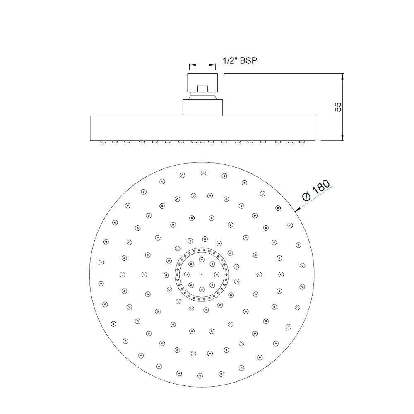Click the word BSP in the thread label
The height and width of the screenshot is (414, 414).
[x=248, y=60]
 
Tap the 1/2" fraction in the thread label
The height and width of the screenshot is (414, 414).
[x=230, y=60]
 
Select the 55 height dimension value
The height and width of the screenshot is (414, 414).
[x=338, y=107]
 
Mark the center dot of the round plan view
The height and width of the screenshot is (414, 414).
[x=202, y=274]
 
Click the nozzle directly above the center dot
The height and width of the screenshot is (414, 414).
[x=202, y=260]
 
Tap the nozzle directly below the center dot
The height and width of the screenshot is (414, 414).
[x=202, y=289]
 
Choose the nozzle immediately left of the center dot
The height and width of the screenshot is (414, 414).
[x=187, y=274]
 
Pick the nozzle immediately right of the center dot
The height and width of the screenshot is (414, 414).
[x=217, y=274]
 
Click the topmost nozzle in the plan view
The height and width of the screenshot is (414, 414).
[x=203, y=173]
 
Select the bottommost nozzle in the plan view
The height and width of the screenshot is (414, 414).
[x=200, y=376]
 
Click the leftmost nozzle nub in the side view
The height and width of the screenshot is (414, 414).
[x=102, y=142]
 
